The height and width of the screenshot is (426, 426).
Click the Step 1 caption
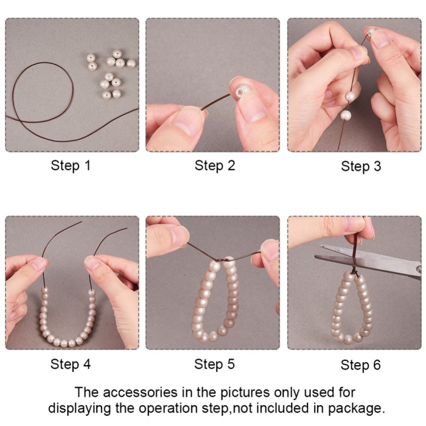tap(71, 166)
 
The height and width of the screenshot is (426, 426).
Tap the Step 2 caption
tap(215, 166)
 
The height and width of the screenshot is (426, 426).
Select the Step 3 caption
tap(361, 166)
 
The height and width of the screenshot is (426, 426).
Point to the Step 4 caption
tap(71, 364)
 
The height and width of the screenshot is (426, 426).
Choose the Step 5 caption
tap(214, 364)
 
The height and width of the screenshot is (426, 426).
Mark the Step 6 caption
tap(360, 365)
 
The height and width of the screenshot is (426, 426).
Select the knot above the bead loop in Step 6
tap(354, 272)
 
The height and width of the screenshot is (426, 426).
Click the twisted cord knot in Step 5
tap(222, 260)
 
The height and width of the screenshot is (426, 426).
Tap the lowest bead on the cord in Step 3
tap(345, 115)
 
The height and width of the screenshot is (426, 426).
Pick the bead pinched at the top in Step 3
tap(370, 32)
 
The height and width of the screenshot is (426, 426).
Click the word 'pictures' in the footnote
tap(244, 393)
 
